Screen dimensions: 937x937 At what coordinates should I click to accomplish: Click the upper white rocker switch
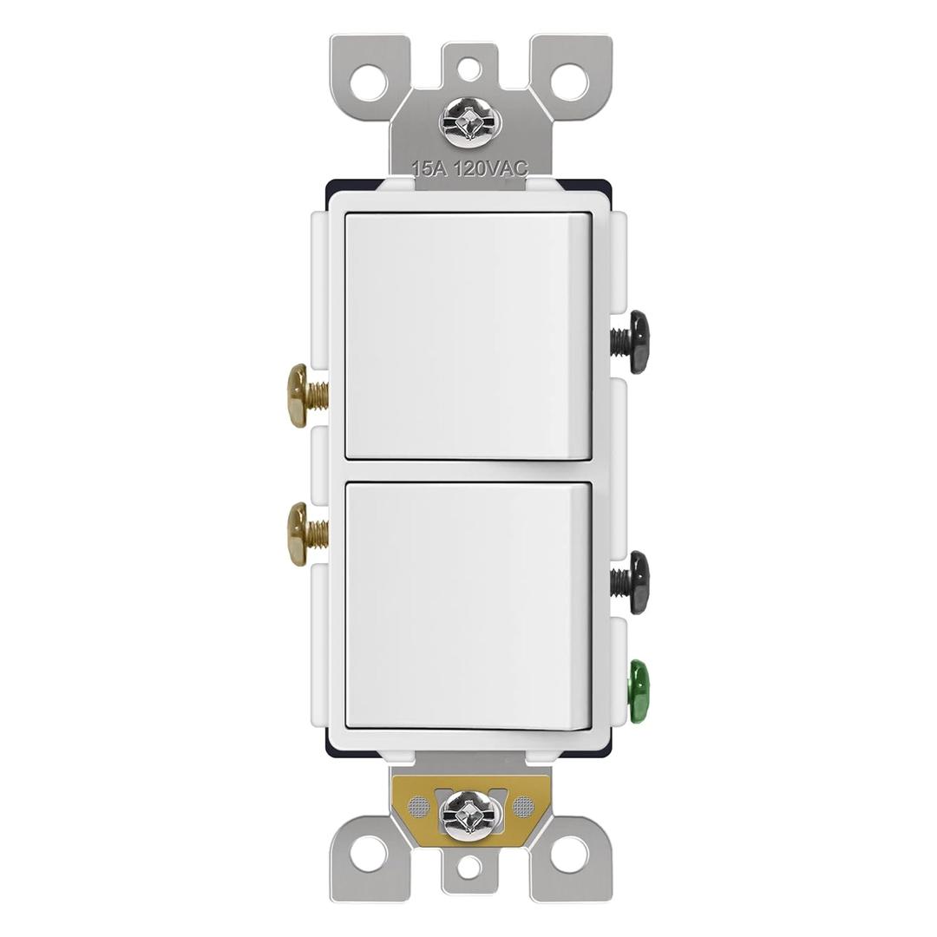pyautogui.click(x=468, y=335)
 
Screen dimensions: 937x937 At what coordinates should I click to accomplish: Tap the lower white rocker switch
pyautogui.click(x=468, y=606)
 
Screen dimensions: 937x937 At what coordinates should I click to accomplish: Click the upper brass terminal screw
pyautogui.click(x=300, y=396)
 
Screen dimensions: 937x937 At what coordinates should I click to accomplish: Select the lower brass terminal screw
pyautogui.click(x=300, y=534)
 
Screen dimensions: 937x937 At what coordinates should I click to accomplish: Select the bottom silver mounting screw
pyautogui.click(x=469, y=813)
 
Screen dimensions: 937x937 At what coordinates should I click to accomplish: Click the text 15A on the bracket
pyautogui.click(x=429, y=169)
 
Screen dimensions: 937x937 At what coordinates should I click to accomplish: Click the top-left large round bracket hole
pyautogui.click(x=369, y=82)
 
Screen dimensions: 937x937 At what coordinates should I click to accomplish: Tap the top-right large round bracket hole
pyautogui.click(x=569, y=82)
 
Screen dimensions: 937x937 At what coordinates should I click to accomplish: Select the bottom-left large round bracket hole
pyautogui.click(x=369, y=854)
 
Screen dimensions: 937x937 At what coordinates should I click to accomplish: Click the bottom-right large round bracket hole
pyautogui.click(x=569, y=854)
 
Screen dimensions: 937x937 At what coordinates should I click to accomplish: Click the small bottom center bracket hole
pyautogui.click(x=468, y=867)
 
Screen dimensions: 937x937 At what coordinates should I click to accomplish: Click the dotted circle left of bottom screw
pyautogui.click(x=418, y=807)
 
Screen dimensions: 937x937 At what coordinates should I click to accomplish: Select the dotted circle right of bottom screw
pyautogui.click(x=522, y=807)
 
